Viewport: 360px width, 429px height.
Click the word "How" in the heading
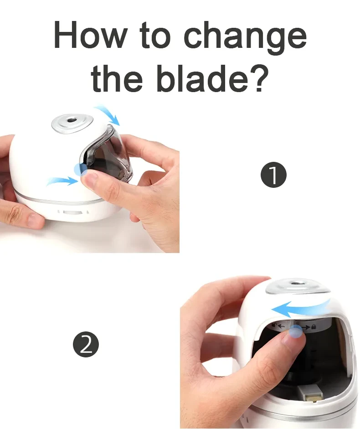89,36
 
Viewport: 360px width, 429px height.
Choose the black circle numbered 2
86,344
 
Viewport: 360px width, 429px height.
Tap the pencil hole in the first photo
72,121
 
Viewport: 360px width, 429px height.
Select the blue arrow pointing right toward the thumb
62,181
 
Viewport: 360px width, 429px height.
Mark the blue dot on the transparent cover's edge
81,170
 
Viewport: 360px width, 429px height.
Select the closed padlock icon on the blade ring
314,327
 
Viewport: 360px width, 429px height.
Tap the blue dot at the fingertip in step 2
296,332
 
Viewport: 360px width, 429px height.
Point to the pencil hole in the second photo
299,285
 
